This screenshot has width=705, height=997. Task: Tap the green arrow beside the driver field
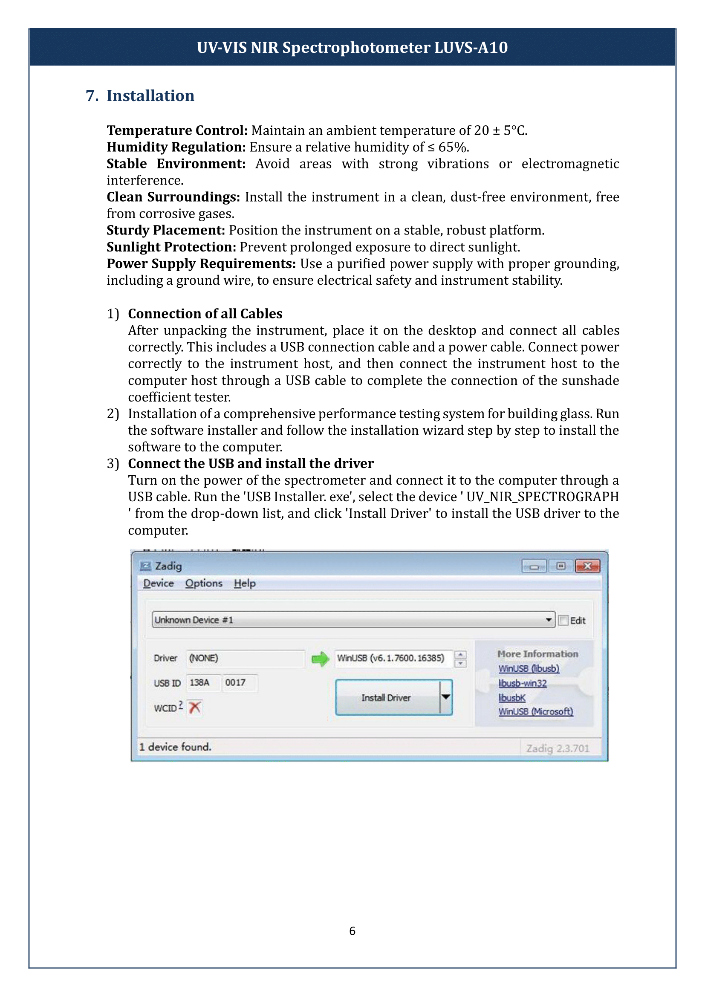click(321, 659)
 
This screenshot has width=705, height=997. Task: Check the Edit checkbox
click(563, 620)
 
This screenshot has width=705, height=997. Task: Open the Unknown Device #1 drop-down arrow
click(549, 620)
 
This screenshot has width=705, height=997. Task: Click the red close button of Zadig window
click(587, 566)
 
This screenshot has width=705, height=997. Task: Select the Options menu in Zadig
click(204, 583)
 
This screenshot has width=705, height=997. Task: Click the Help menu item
click(244, 583)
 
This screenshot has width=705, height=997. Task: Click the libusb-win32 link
click(522, 683)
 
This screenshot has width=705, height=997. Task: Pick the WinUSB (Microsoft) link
click(535, 711)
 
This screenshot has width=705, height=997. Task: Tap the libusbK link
click(512, 697)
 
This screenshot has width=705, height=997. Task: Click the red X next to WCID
click(195, 708)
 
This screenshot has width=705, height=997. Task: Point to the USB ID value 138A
click(199, 682)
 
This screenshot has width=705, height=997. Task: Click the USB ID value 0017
click(235, 682)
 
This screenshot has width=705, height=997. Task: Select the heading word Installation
click(150, 95)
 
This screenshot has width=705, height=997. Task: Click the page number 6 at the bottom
click(352, 931)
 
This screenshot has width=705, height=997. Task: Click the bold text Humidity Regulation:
click(176, 147)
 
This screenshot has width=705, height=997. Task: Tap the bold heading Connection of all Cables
click(205, 314)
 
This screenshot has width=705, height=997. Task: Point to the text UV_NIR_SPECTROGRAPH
click(542, 497)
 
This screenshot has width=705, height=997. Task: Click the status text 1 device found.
click(175, 747)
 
